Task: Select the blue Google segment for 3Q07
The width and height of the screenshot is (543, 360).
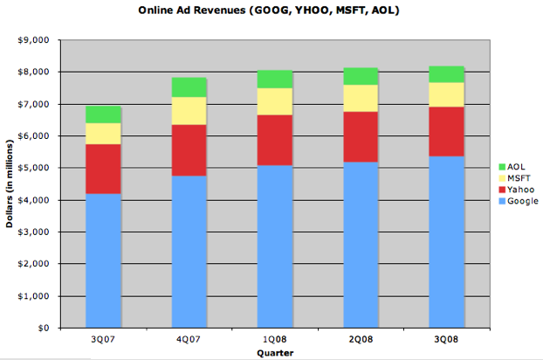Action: click(x=103, y=260)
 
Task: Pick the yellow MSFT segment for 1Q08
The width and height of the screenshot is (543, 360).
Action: click(x=274, y=101)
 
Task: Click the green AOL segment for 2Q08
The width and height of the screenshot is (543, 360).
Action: click(x=360, y=76)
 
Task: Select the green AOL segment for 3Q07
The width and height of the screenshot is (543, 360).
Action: click(x=103, y=114)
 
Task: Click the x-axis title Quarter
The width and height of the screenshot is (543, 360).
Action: click(x=274, y=352)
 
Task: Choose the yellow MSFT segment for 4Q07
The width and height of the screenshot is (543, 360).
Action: click(x=189, y=111)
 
